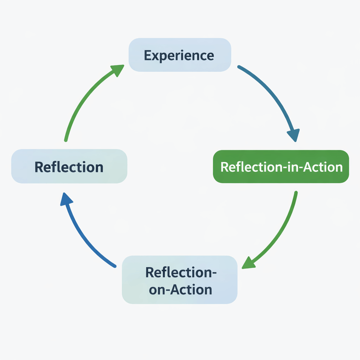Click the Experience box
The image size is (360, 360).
click(x=180, y=55)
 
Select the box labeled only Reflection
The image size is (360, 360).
click(x=69, y=166)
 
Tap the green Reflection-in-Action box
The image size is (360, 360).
click(x=281, y=166)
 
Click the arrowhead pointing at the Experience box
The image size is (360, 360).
click(x=118, y=70)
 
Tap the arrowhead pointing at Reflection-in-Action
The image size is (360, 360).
click(x=294, y=135)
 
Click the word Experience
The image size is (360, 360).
click(x=179, y=56)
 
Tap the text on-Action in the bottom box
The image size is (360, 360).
click(x=180, y=289)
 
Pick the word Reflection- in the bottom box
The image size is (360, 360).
click(x=180, y=272)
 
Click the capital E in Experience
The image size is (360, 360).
click(x=148, y=56)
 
